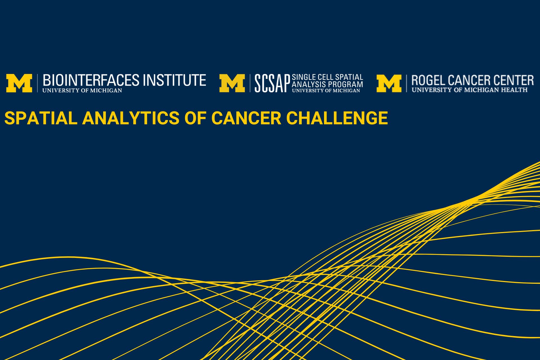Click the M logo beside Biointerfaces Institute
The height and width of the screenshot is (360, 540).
19,83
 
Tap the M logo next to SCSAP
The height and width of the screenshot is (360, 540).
232,83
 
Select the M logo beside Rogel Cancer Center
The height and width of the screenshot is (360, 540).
389,83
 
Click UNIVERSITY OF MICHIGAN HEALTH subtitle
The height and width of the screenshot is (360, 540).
470,90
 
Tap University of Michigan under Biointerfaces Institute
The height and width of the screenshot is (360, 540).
82,91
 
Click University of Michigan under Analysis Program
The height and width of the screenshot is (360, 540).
326,91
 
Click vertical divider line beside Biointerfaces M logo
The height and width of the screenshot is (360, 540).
38,83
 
